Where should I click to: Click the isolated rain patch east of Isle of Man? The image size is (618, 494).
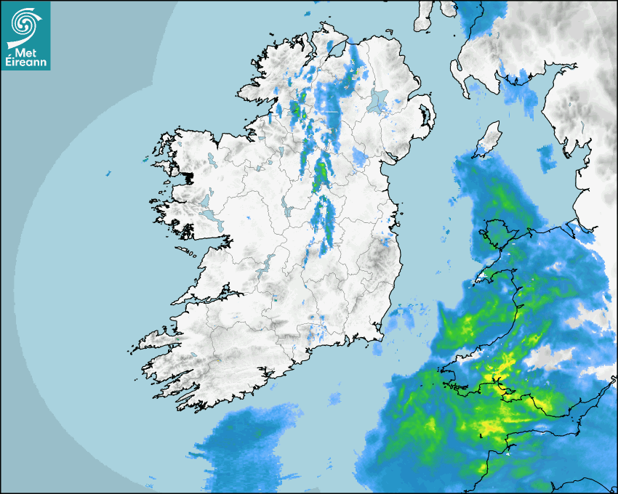tap(546, 155)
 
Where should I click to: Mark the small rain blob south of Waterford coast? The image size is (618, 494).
tap(334, 398)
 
